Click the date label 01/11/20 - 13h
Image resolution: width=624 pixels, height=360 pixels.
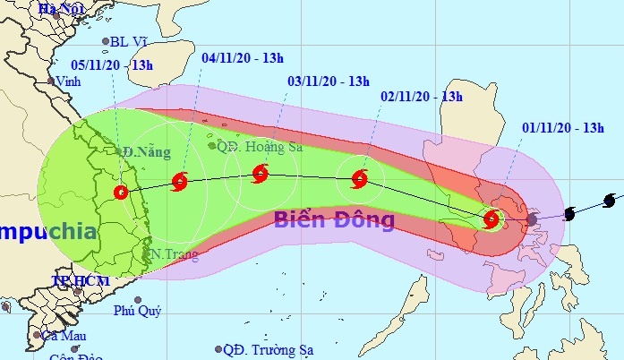click(x=561, y=128)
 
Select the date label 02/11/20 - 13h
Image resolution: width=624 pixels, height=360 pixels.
click(x=420, y=96)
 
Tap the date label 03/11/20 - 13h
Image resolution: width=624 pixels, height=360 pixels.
click(x=328, y=81)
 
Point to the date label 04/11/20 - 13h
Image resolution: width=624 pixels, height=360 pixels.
click(x=243, y=58)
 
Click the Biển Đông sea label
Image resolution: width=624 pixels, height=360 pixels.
click(x=334, y=219)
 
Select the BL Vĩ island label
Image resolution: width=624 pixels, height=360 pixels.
click(x=124, y=40)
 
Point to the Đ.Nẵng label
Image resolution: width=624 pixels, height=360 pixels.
click(x=146, y=153)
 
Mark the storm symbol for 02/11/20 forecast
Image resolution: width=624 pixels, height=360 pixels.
click(x=360, y=179)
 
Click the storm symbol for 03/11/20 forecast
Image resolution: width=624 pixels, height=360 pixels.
click(x=260, y=173)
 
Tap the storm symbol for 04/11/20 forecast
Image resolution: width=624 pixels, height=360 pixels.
click(x=179, y=183)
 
